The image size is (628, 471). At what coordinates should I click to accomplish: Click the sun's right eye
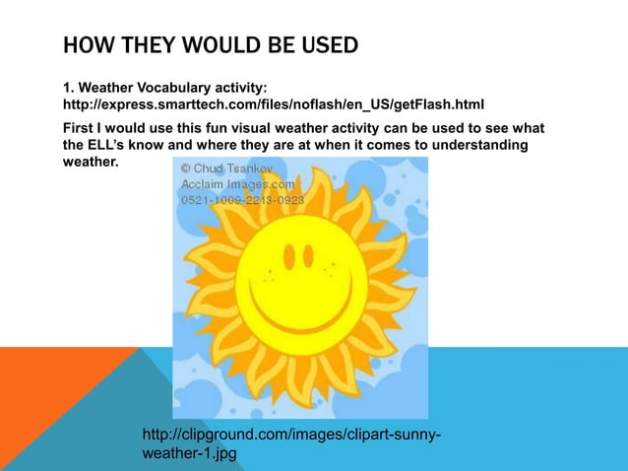point(317,257)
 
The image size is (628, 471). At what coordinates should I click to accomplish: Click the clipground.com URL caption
point(291,435)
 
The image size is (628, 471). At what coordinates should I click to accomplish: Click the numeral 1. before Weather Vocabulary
point(68,89)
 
